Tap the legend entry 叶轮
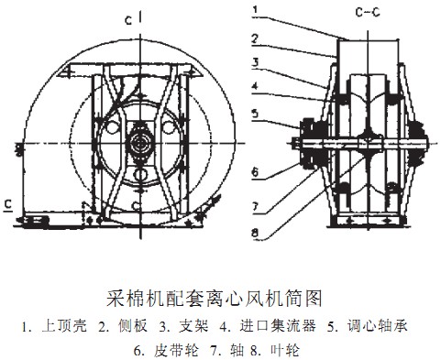(276, 349)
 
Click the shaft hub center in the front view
(140, 143)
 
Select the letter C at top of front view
(128, 17)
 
